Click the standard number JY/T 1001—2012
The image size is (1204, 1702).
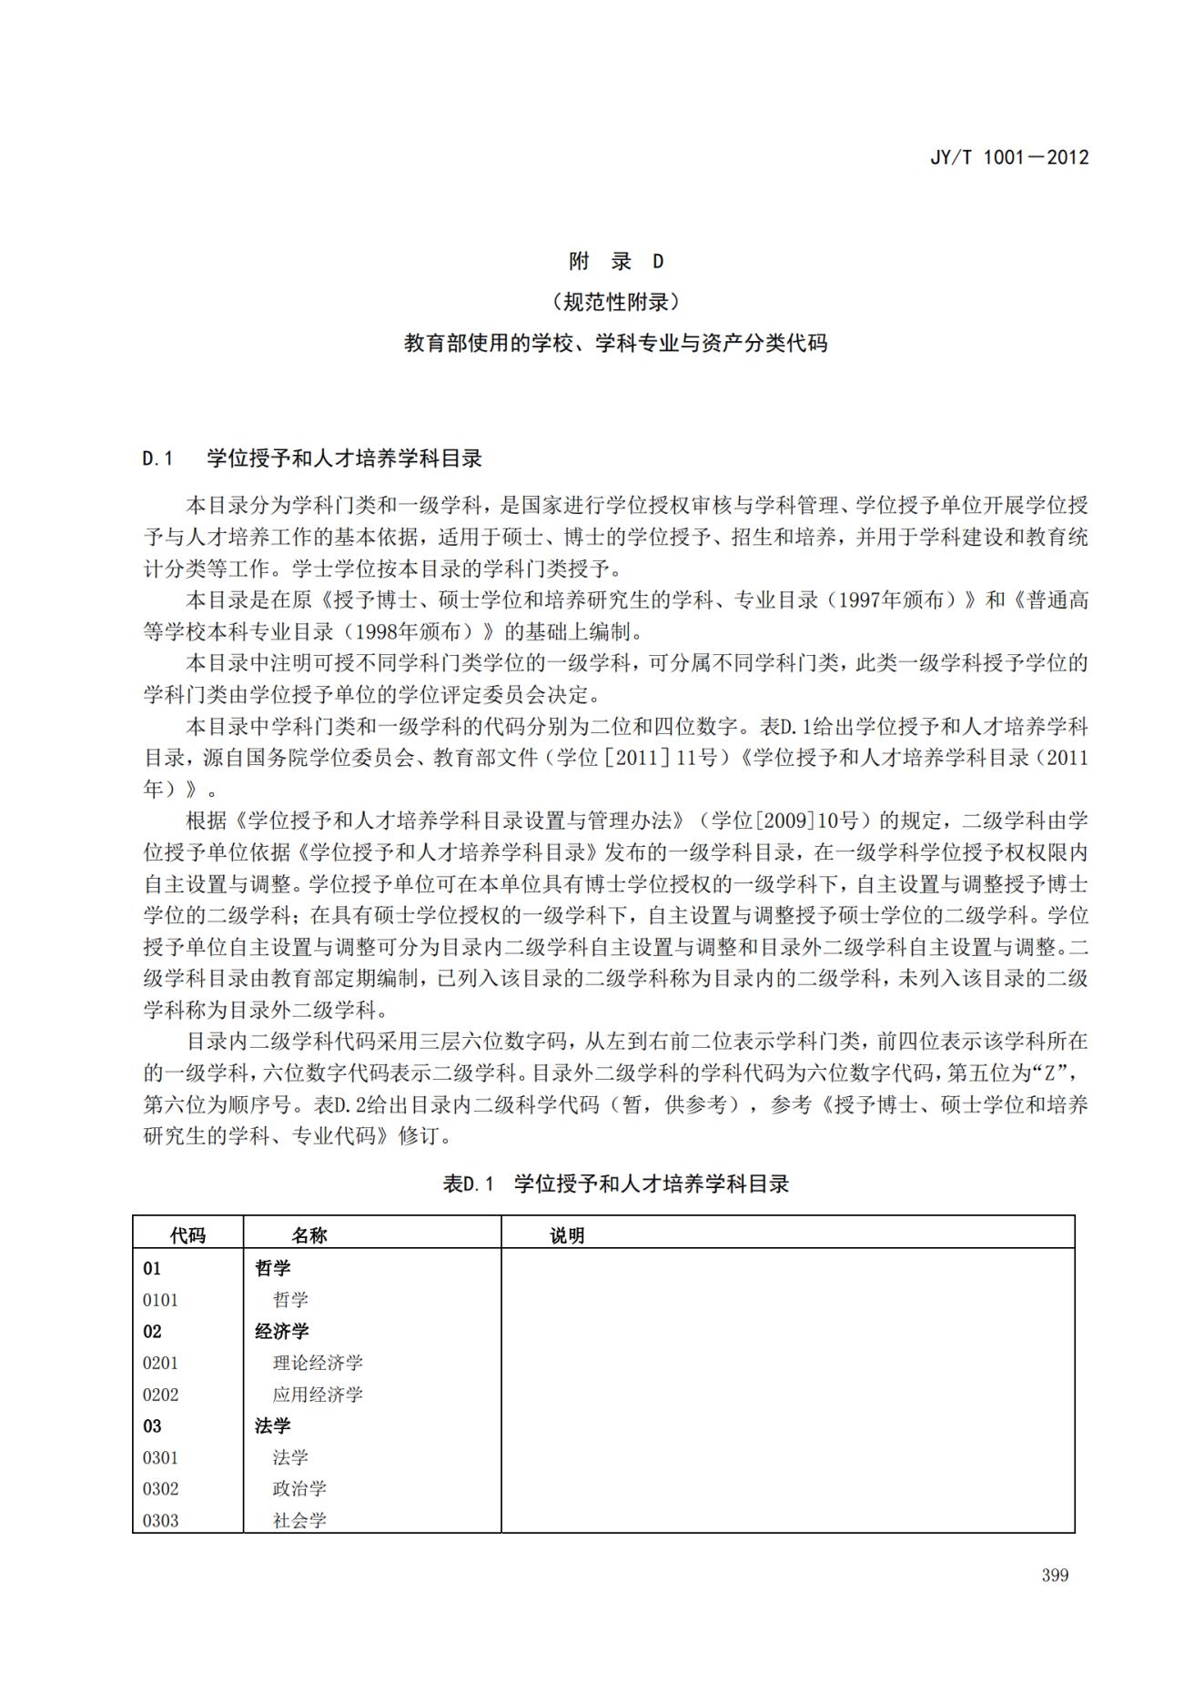[x=1008, y=156]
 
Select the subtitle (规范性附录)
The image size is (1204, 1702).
[x=616, y=302]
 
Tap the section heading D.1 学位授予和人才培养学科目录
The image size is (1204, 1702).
[x=312, y=458]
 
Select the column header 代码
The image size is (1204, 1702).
[x=187, y=1234]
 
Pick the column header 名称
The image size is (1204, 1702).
[x=309, y=1234]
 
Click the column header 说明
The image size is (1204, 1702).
[x=567, y=1234]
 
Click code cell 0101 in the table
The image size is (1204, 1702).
[x=160, y=1300]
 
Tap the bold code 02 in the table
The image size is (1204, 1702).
[x=152, y=1331]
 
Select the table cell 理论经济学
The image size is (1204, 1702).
[x=318, y=1363]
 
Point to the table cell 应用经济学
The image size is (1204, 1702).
[x=318, y=1395]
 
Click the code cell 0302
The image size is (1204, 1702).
[x=160, y=1489]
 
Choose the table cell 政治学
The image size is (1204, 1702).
[x=299, y=1489]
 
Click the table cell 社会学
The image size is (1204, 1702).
[x=299, y=1520]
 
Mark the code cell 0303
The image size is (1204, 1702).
[x=160, y=1520]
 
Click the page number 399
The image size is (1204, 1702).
[x=1055, y=1575]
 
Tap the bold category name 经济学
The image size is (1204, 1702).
[x=282, y=1331]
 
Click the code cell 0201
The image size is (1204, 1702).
[x=160, y=1363]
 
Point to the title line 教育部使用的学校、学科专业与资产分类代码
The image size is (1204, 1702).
[x=616, y=343]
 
